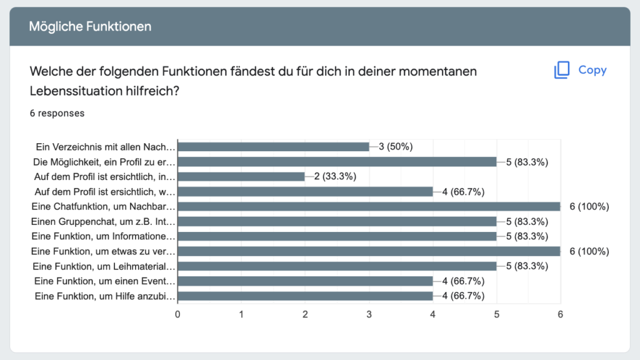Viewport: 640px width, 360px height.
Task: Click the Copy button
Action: [580, 70]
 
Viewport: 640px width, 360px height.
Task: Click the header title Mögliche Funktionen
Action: [90, 26]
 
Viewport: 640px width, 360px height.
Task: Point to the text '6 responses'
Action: [57, 113]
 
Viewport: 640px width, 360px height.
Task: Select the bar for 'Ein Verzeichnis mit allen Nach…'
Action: [273, 147]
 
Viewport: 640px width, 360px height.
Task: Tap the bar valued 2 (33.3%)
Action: [241, 176]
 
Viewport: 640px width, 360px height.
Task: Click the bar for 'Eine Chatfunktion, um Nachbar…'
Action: [369, 206]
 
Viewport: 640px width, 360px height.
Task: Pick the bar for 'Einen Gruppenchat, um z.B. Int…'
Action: [337, 221]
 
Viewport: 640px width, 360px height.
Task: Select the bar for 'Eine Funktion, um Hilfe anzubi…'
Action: [305, 296]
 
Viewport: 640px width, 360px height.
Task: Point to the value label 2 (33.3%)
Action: [335, 176]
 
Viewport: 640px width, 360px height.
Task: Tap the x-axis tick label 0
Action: [178, 314]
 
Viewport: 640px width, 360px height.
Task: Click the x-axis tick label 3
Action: [369, 314]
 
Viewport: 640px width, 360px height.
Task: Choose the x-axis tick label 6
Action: [560, 314]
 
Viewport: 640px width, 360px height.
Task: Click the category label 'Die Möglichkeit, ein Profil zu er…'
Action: [104, 162]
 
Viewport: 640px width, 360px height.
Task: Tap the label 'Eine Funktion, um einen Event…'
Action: [105, 281]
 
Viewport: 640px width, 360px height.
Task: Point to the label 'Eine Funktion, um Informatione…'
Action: [104, 236]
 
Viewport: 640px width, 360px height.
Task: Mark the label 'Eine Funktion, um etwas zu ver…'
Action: [103, 251]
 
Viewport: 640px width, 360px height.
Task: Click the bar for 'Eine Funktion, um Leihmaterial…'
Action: [337, 266]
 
